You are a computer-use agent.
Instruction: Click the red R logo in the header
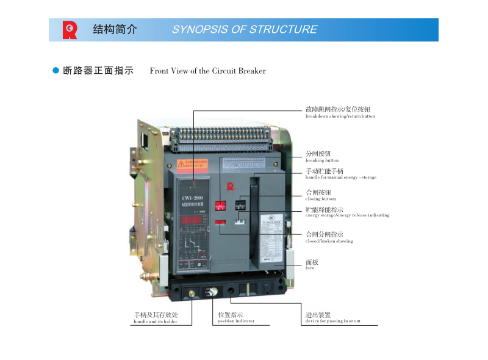[70, 30]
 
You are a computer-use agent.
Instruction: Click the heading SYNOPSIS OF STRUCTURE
[244, 29]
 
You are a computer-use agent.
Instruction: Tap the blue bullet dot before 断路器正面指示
[56, 71]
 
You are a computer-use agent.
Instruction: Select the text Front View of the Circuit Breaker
[207, 71]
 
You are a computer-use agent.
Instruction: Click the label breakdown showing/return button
[340, 116]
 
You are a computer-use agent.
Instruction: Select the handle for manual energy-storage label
[340, 178]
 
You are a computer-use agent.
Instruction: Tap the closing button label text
[320, 199]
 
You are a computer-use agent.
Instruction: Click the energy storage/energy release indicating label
[346, 215]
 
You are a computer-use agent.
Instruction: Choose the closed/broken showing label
[329, 241]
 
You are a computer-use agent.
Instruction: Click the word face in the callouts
[309, 268]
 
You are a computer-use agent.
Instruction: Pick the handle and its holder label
[156, 322]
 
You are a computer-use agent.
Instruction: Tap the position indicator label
[236, 321]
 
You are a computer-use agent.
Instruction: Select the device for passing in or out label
[332, 321]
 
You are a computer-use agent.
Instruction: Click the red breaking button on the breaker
[221, 206]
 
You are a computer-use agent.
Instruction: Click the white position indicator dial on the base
[213, 292]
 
